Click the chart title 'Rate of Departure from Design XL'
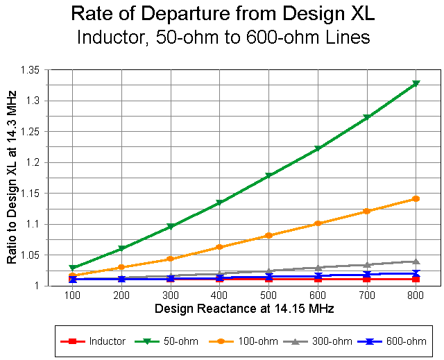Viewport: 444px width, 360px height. [222, 13]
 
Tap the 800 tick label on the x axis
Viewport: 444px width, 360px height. [416, 295]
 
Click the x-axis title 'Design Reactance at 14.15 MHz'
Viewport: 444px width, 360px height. [244, 308]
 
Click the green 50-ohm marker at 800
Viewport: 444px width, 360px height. [416, 83]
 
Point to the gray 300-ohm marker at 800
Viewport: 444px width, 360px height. [416, 262]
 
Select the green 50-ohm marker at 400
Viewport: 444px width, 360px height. [219, 203]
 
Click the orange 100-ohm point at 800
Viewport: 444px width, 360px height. [416, 199]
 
